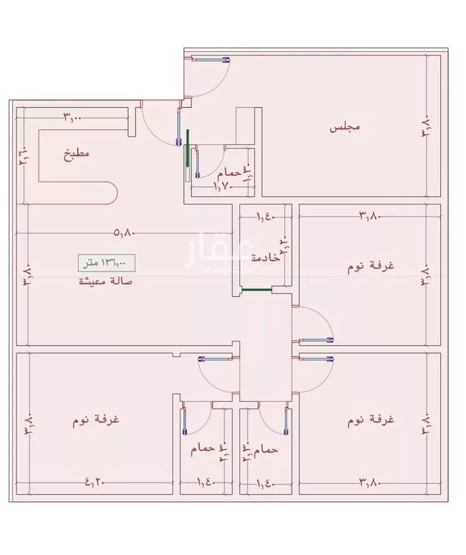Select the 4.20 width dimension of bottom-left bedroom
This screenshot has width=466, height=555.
click(x=94, y=480)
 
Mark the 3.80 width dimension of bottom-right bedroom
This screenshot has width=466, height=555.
click(x=370, y=480)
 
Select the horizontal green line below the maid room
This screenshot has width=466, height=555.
click(x=258, y=290)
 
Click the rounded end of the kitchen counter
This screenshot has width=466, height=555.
click(x=112, y=193)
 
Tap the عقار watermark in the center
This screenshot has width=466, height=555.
click(x=211, y=252)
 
